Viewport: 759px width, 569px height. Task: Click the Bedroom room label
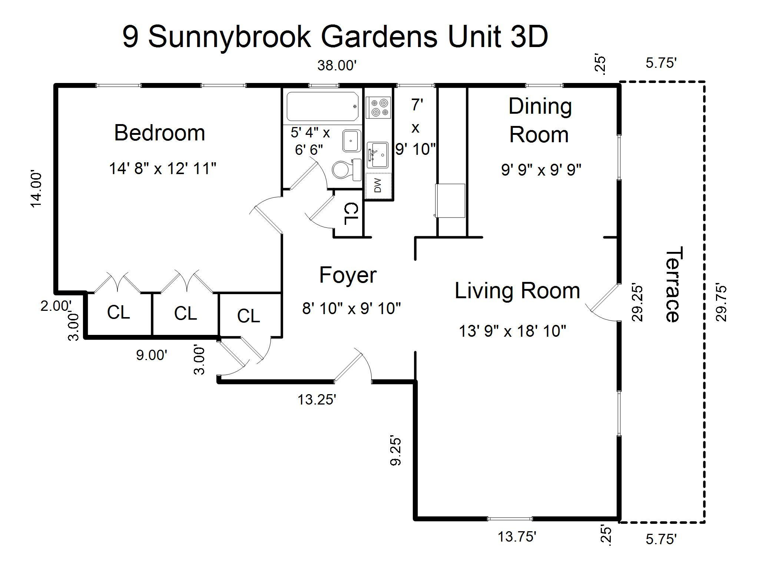click(159, 133)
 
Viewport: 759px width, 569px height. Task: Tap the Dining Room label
click(540, 120)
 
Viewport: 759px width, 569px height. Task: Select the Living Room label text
click(517, 290)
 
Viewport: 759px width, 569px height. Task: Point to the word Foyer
click(348, 275)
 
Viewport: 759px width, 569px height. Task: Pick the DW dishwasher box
click(378, 186)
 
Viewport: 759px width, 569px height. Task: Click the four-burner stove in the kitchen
click(378, 107)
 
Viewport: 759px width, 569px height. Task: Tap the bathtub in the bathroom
click(322, 107)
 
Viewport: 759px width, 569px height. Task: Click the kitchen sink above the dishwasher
click(377, 154)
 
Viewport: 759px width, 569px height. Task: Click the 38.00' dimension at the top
click(337, 66)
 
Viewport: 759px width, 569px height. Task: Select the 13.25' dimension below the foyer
click(317, 399)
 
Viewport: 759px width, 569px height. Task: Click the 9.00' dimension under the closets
click(152, 355)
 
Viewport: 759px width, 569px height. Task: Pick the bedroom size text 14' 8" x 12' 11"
click(162, 169)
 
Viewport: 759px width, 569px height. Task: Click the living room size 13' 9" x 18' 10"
click(513, 331)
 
